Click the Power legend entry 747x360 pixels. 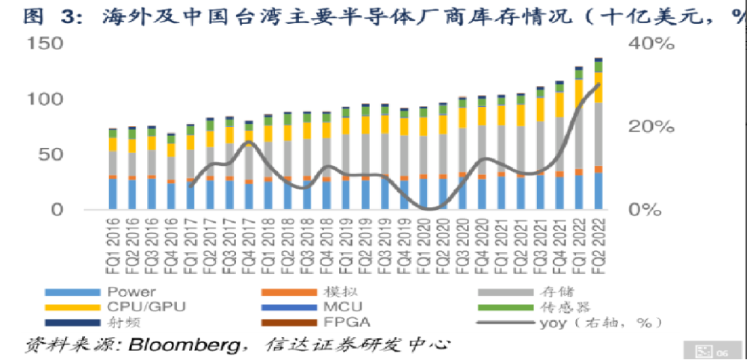(x=131, y=292)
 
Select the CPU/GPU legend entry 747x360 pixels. (x=142, y=306)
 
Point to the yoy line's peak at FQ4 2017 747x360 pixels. (x=249, y=142)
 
